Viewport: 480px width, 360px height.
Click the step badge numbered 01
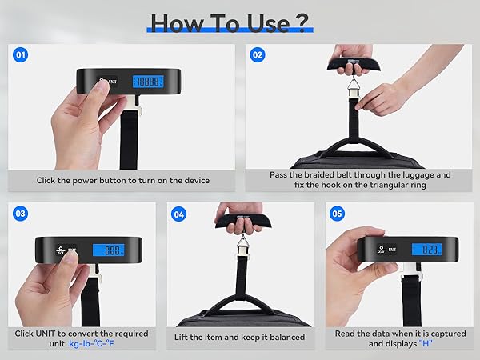tap(20, 55)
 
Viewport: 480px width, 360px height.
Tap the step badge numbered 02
tap(258, 55)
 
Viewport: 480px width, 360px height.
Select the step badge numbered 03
tap(20, 214)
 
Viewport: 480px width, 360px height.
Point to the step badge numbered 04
tap(178, 214)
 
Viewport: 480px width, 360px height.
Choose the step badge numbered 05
tap(337, 214)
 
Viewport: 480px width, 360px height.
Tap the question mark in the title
tap(302, 22)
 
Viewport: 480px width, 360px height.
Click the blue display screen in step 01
tap(149, 82)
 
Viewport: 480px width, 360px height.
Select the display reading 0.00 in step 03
tap(114, 250)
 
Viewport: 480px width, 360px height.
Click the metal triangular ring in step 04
tap(240, 238)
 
